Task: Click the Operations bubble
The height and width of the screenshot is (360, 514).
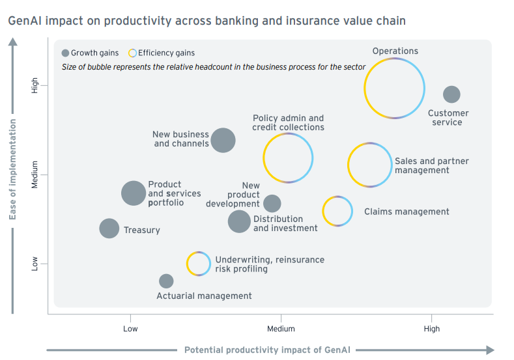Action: [364, 89]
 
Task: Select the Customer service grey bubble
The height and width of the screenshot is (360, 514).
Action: [451, 94]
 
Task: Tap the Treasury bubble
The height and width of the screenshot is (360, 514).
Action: [109, 228]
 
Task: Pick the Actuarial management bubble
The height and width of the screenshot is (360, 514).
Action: [166, 281]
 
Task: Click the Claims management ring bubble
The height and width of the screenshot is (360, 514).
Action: [323, 212]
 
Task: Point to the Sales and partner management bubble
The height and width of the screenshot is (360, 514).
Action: [348, 165]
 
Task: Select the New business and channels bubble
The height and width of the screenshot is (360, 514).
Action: [223, 140]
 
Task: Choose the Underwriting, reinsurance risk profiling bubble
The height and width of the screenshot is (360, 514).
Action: [187, 264]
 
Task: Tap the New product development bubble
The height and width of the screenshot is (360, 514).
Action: [272, 203]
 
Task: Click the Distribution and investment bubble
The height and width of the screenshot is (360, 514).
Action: [239, 221]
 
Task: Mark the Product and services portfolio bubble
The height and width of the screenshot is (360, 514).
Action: [134, 193]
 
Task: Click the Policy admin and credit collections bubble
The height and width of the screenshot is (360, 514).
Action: [264, 158]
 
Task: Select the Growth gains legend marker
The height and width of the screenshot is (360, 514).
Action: [65, 53]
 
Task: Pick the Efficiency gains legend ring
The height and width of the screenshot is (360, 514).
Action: [129, 53]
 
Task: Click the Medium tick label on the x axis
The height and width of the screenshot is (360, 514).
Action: [281, 329]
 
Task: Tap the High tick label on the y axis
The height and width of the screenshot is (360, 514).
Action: [35, 85]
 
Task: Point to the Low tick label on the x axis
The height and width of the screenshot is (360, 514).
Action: [130, 329]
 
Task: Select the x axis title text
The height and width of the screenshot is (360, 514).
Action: [268, 350]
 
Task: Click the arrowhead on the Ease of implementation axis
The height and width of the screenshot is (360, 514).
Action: [13, 42]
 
